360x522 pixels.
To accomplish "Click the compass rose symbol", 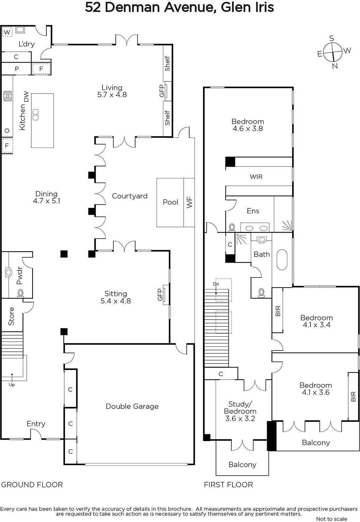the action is point(333,52).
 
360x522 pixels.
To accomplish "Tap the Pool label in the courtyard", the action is point(170,202).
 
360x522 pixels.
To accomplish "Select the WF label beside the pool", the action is point(189,202).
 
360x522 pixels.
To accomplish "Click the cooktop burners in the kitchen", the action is point(8,96).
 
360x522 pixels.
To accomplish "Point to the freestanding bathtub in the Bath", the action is point(282,260).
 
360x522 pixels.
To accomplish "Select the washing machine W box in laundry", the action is point(7,32).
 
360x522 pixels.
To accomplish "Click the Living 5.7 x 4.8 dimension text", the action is point(112,94).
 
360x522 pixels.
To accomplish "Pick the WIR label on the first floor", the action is point(256,177).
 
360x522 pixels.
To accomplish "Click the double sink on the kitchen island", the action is point(36,115).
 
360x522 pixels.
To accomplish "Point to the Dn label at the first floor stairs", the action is point(216,284).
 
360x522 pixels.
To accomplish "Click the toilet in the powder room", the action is point(21,293).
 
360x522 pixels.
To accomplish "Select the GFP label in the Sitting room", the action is point(160,295).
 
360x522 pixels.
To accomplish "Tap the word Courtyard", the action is point(130,196).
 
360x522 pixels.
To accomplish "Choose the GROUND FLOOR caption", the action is point(32,485).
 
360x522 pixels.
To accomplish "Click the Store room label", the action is point(11,316).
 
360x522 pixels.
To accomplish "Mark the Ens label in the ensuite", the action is point(253,211).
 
